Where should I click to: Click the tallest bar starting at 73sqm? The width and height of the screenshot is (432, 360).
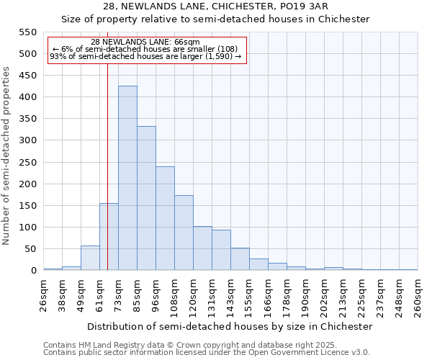pos(127,179)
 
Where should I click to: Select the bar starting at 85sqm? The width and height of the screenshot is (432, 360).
pos(146,199)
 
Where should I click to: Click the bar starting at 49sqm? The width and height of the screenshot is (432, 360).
pos(90,258)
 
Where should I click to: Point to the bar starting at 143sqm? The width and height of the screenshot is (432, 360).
pos(240,259)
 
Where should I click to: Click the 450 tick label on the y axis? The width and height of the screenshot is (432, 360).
pos(27,76)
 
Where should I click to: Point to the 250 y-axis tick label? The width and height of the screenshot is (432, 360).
pos(27,163)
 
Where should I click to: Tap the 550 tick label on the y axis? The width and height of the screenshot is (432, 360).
pos(27,32)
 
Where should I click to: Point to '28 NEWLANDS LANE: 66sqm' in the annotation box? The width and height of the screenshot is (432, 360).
pos(146,42)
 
